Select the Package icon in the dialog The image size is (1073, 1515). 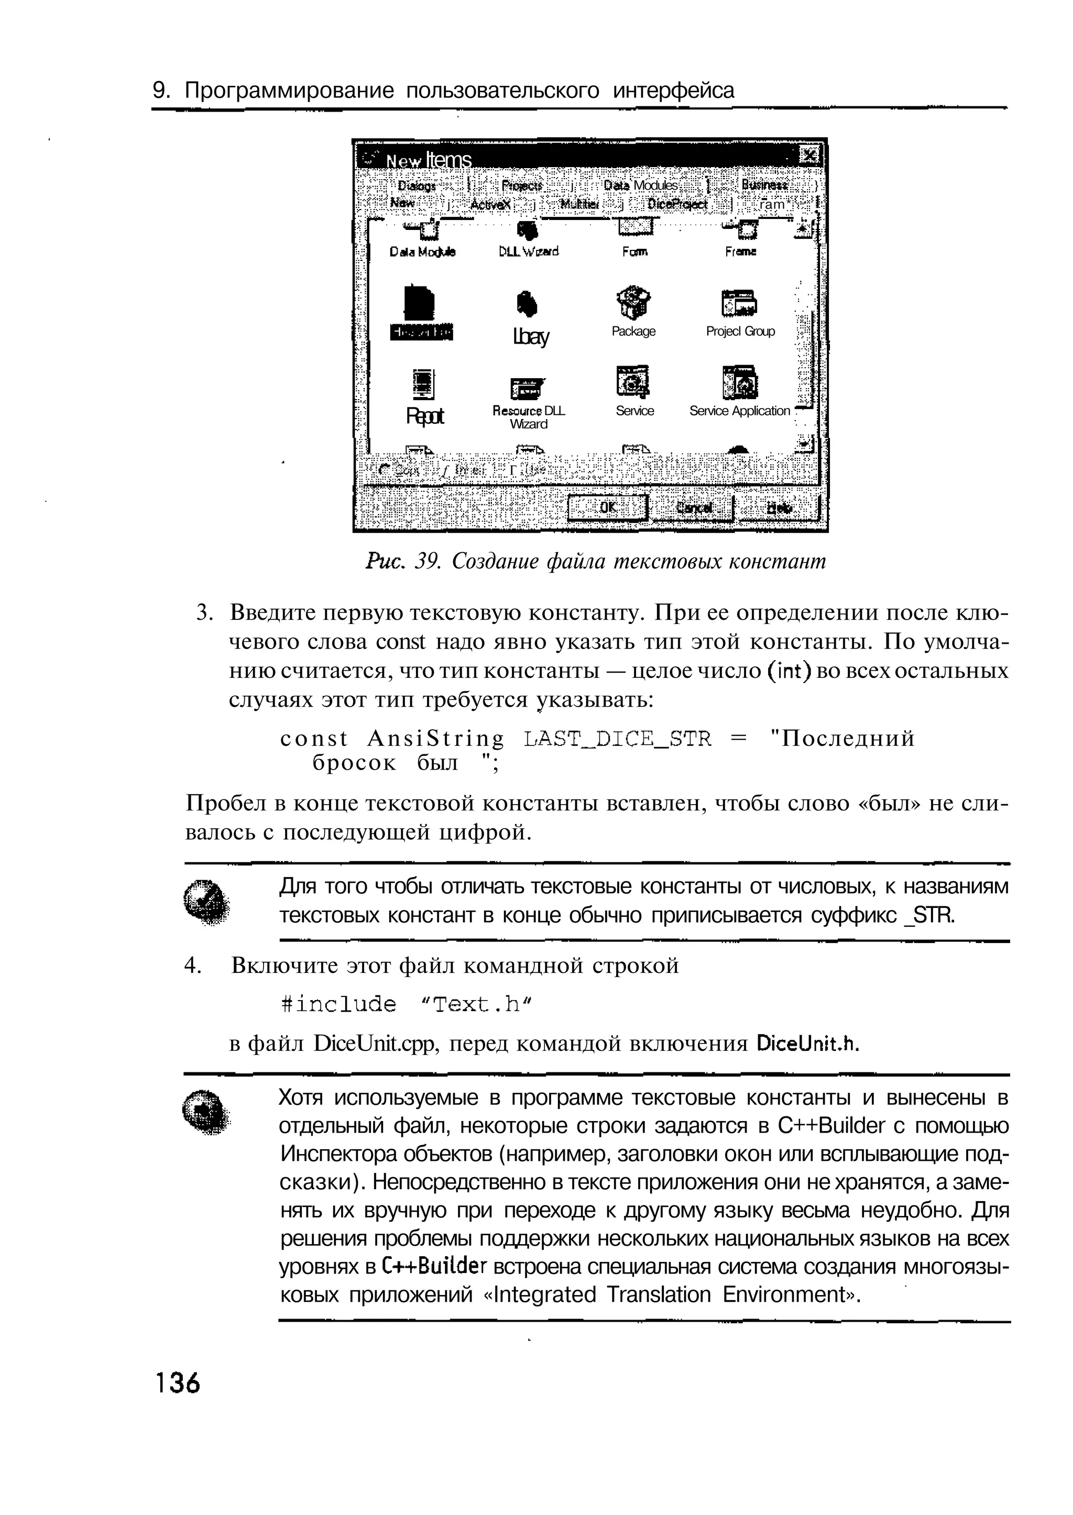(633, 303)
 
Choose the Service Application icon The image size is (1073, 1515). (739, 382)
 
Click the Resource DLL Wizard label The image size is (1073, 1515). (529, 417)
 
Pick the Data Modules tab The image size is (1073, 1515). (641, 185)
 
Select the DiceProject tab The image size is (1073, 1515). (677, 204)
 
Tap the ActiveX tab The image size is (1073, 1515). (490, 204)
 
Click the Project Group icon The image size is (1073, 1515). (739, 303)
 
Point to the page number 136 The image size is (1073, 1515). (177, 1382)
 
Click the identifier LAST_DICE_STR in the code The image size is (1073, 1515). (617, 738)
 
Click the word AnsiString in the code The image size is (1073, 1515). (435, 738)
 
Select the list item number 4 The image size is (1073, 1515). (192, 966)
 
